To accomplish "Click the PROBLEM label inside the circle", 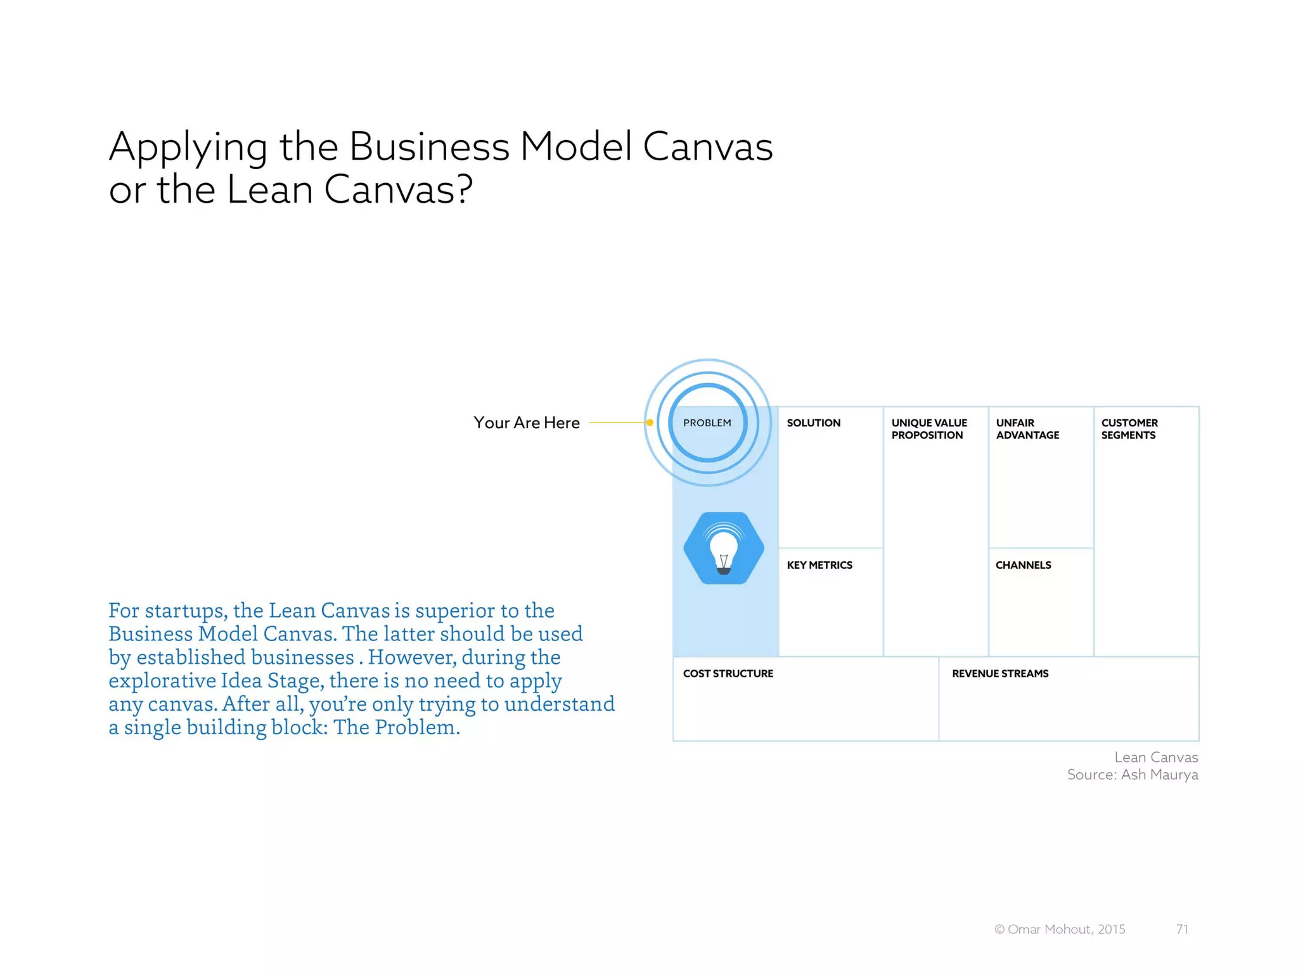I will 707,423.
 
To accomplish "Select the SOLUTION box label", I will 813,423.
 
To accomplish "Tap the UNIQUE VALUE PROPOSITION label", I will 929,429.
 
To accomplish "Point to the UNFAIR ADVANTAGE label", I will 1027,429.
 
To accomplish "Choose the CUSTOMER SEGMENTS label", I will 1129,429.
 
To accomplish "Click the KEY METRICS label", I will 819,565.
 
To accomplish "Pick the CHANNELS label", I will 1023,565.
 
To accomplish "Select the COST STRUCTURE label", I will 728,673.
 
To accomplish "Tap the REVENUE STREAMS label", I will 999,673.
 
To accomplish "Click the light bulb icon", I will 724,549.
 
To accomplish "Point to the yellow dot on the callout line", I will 650,423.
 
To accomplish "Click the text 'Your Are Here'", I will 526,423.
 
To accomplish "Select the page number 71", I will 1182,929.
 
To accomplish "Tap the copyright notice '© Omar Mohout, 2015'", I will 1060,929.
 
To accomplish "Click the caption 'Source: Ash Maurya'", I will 1133,775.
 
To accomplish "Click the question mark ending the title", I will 464,189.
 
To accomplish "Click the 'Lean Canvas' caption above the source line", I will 1156,757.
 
